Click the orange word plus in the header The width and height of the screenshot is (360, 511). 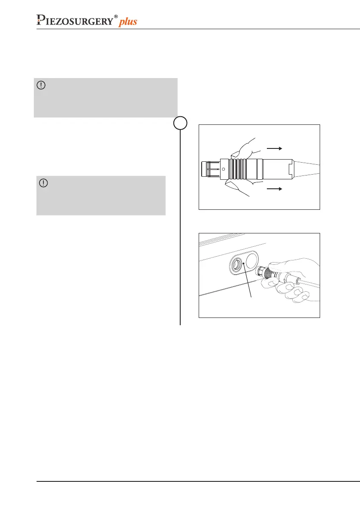(x=128, y=21)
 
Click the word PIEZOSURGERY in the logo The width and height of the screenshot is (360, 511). (x=76, y=20)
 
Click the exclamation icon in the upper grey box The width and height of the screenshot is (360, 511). (x=41, y=85)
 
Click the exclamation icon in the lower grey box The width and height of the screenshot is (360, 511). (x=43, y=183)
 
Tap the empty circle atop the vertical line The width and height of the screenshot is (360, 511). (x=180, y=123)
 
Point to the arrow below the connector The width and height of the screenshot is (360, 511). (x=274, y=188)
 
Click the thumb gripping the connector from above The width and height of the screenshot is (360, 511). (x=243, y=148)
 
